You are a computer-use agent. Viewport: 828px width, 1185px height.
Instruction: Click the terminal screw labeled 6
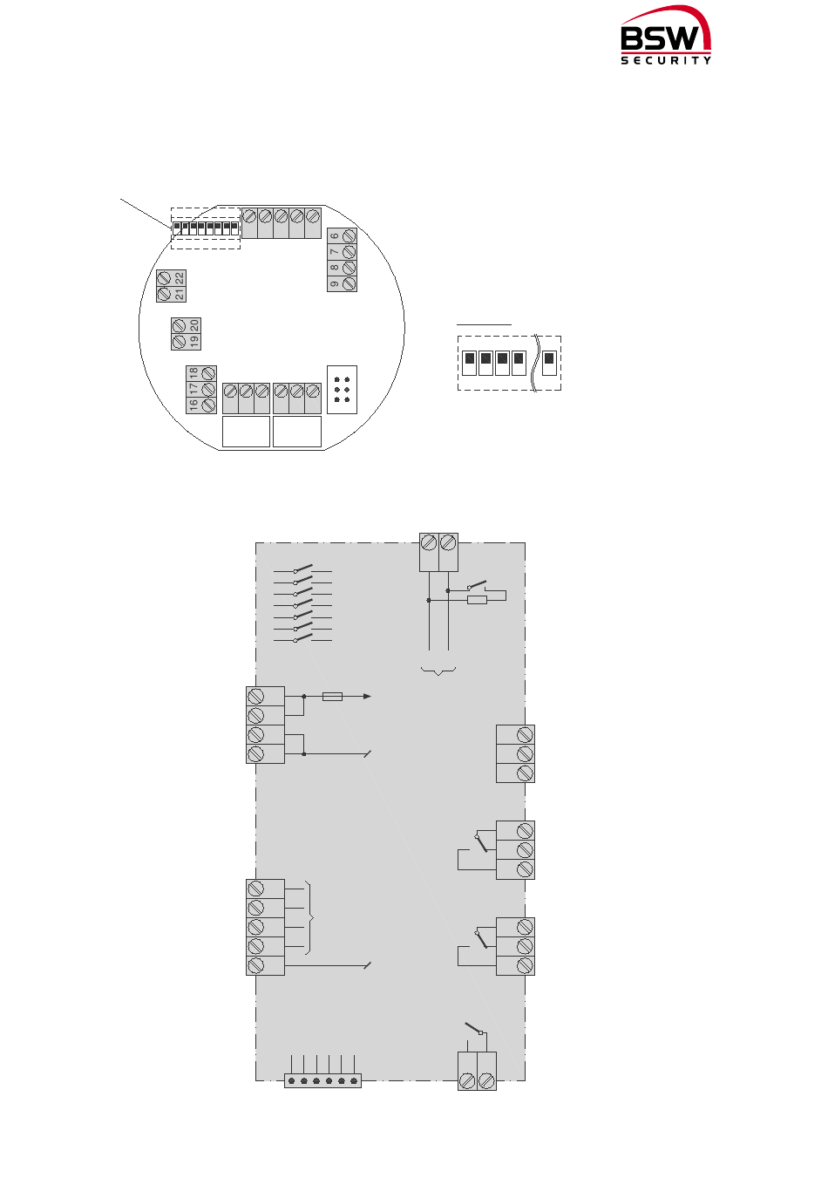(x=350, y=236)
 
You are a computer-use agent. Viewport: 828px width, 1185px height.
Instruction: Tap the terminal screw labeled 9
(x=350, y=283)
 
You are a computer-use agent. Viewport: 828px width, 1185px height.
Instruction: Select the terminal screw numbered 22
(x=163, y=278)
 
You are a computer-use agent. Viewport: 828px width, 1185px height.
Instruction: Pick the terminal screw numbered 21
(x=163, y=294)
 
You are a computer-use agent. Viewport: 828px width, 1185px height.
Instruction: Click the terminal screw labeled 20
(x=179, y=326)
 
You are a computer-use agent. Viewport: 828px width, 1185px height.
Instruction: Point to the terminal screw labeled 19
(x=179, y=342)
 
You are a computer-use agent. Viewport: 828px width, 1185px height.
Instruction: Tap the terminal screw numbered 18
(x=208, y=374)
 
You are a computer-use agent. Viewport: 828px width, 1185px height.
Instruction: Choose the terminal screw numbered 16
(x=208, y=405)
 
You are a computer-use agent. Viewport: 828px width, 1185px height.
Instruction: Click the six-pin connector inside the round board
(x=342, y=390)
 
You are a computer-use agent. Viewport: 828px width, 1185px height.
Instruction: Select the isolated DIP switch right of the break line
(x=549, y=362)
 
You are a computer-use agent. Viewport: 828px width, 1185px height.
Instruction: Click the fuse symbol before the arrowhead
(x=332, y=697)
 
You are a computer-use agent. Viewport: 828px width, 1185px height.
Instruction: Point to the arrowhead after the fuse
(x=368, y=697)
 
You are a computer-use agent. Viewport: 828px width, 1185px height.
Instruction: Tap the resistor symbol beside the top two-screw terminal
(x=477, y=600)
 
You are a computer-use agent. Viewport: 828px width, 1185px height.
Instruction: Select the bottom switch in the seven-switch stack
(x=303, y=639)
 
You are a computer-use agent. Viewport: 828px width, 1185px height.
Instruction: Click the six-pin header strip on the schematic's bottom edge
(x=322, y=1081)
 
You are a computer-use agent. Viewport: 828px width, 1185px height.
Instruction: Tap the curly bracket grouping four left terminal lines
(x=311, y=918)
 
